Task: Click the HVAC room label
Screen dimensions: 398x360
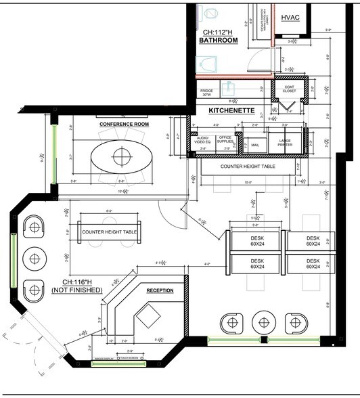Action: [x=290, y=16]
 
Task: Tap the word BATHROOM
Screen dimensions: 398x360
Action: [x=218, y=41]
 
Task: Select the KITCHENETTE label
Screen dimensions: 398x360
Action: [x=231, y=110]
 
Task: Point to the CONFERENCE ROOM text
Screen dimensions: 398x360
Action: [x=123, y=125]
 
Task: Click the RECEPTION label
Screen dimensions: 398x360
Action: [x=160, y=290]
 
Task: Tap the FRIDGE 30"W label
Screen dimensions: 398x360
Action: [x=207, y=92]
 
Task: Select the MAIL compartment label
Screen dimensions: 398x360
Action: [x=254, y=144]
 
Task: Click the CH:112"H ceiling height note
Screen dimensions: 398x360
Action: [x=218, y=31]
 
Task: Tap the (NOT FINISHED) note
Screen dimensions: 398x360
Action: [x=76, y=290]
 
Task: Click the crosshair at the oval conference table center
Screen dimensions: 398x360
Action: [x=121, y=157]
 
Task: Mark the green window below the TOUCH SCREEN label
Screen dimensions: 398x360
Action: [x=118, y=363]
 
